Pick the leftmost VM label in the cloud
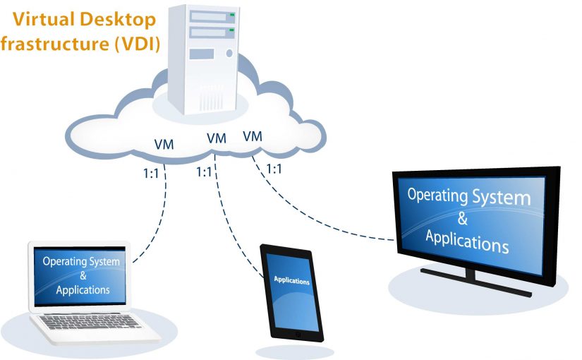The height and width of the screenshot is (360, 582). [x=164, y=145]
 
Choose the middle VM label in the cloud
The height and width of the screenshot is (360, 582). [x=217, y=138]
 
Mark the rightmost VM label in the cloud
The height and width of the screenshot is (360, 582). [x=252, y=136]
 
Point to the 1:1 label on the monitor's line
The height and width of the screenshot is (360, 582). [x=274, y=169]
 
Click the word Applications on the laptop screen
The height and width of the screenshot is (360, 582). [x=83, y=290]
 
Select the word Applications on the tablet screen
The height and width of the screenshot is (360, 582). [x=291, y=281]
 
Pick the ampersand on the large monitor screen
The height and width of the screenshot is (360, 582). [x=462, y=218]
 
